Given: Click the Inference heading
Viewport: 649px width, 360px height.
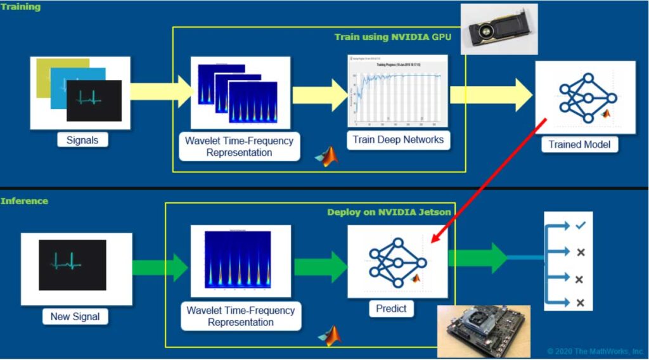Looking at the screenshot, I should coord(24,201).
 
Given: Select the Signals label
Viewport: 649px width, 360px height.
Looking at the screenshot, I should coord(82,140).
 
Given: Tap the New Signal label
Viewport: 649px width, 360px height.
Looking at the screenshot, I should coord(75,316).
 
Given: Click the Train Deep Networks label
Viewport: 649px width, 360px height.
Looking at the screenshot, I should coord(398,139).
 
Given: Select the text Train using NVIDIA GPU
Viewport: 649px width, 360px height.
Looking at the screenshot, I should coord(393,37).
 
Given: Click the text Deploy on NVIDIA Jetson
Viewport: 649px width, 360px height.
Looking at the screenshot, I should coord(389,212).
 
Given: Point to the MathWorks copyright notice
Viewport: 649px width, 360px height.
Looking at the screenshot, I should coord(595,350).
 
